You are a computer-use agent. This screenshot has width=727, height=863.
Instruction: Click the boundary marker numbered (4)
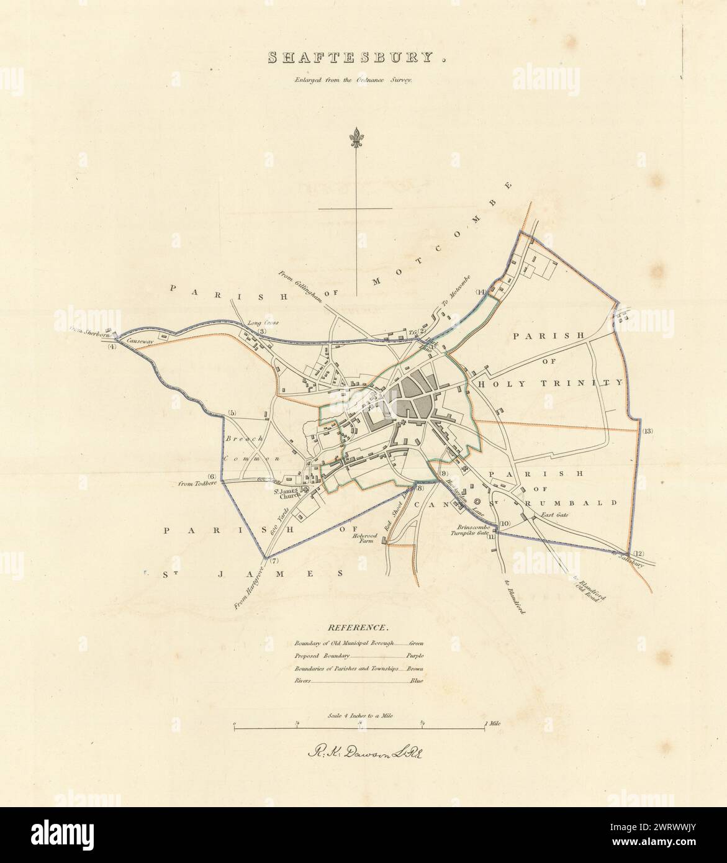pyautogui.click(x=112, y=346)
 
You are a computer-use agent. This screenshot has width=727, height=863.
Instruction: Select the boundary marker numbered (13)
pyautogui.click(x=648, y=431)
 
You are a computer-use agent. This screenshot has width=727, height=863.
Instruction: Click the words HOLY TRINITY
pyautogui.click(x=551, y=384)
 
